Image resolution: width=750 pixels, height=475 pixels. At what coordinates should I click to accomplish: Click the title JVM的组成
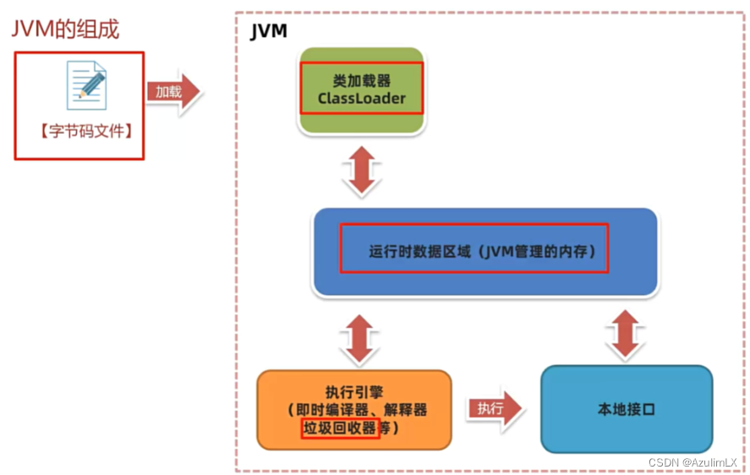pos(65,29)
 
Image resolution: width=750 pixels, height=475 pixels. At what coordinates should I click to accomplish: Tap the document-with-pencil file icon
pos(87,86)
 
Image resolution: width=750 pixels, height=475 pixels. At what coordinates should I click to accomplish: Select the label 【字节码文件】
pos(79,132)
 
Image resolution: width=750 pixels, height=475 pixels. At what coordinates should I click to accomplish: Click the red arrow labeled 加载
pos(173,91)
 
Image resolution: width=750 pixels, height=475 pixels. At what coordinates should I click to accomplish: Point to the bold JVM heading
pos(269,32)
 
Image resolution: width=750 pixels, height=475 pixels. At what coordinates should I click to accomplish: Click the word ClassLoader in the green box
pos(361,98)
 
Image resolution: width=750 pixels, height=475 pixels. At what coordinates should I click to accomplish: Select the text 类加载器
pos(361,80)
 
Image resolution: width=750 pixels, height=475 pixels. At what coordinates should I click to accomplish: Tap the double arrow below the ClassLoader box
pos(361,172)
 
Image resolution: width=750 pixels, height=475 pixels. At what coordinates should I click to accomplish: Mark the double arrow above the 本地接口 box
pos(625,334)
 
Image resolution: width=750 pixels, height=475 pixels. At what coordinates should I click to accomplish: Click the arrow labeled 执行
pos(495,409)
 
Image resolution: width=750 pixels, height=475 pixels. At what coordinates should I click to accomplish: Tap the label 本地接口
pos(627,410)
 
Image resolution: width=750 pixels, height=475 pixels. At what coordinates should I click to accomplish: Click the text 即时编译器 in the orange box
pos(328,410)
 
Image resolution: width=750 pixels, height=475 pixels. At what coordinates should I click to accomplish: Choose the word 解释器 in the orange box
pos(406,410)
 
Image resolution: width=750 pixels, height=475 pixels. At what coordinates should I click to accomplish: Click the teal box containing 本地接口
pos(627,431)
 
